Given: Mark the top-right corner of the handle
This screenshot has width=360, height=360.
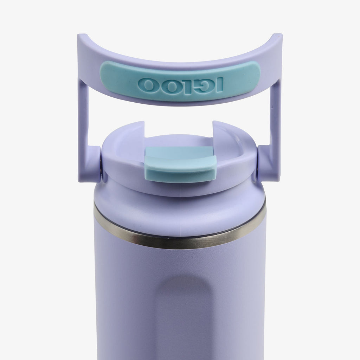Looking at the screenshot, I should (280, 36).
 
